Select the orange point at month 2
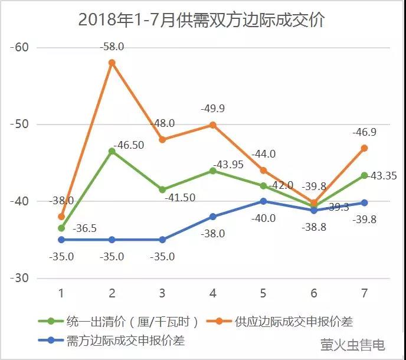112,63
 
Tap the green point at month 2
112,151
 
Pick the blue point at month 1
61,240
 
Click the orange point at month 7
364,148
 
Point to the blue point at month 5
263,201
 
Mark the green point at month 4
213,171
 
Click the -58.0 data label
112,45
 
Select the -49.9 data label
212,108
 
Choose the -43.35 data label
381,176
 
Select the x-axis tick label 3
162,294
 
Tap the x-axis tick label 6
313,294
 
